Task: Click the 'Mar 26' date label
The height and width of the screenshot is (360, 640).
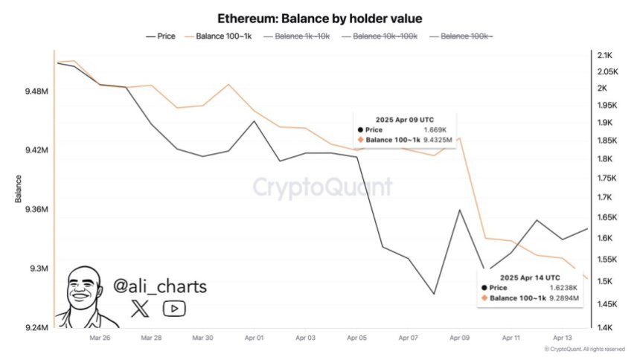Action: [100, 338]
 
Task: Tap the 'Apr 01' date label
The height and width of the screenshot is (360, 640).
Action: [254, 338]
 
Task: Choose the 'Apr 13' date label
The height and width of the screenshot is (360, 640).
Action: [563, 338]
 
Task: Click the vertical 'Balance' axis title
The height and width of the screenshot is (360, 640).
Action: [17, 189]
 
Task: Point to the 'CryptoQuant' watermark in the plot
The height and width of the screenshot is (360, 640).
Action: [321, 187]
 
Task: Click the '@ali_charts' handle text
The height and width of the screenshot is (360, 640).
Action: [159, 286]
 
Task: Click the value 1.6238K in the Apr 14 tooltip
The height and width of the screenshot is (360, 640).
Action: [563, 287]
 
